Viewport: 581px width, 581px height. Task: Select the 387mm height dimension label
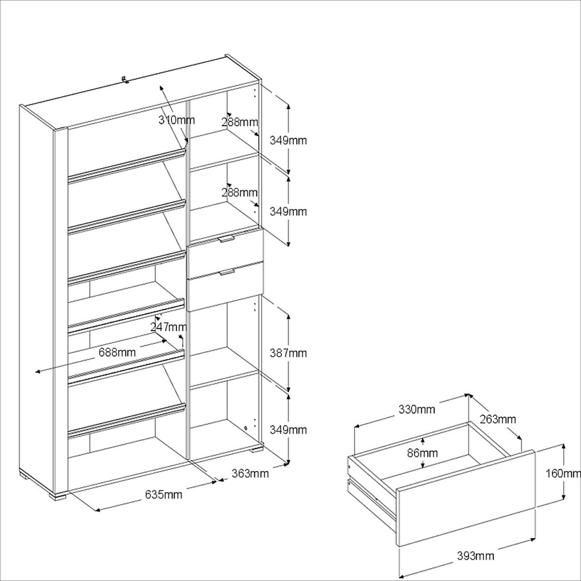pos(288,353)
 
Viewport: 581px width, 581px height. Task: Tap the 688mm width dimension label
pos(117,352)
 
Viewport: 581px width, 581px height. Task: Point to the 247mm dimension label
pos(168,326)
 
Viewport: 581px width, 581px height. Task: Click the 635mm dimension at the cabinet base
pos(164,494)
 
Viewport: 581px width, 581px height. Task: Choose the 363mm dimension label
pos(250,474)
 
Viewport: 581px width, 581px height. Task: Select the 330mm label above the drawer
pos(417,410)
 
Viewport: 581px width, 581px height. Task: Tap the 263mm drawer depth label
pos(498,419)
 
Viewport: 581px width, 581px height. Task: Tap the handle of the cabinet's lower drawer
pos(226,273)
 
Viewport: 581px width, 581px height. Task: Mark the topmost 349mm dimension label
pos(288,140)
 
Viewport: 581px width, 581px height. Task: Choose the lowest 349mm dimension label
pos(288,430)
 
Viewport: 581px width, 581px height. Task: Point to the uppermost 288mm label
pos(239,122)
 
